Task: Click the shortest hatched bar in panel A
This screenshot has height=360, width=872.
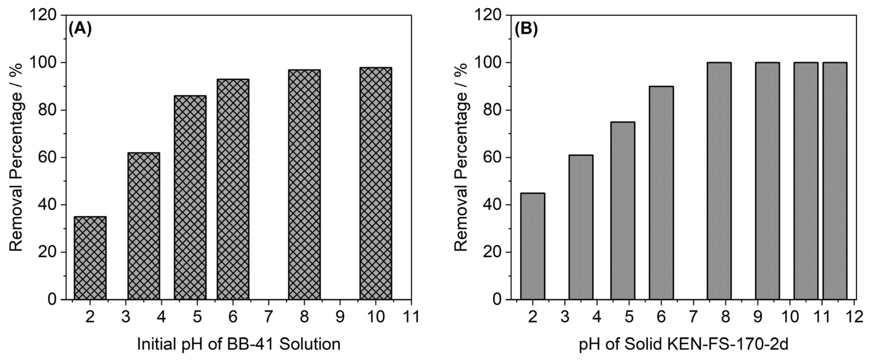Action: tap(90, 258)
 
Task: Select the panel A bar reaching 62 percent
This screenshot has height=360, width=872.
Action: tap(144, 226)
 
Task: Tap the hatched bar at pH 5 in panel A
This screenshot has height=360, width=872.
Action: tap(190, 198)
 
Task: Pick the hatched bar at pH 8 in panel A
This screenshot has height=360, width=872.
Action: tap(304, 184)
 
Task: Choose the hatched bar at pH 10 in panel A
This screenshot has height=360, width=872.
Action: tap(376, 183)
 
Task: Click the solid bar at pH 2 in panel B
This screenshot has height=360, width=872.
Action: tap(533, 246)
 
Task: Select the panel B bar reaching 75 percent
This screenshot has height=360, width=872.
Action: tap(623, 211)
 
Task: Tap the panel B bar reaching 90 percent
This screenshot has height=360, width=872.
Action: tap(661, 193)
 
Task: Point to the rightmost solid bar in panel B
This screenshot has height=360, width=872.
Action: tap(835, 181)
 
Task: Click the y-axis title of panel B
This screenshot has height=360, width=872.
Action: tap(461, 157)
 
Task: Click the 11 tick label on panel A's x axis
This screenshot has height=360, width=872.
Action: tap(411, 317)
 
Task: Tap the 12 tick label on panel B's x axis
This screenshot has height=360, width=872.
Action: tap(855, 317)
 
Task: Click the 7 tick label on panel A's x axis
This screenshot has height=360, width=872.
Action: tap(268, 317)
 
